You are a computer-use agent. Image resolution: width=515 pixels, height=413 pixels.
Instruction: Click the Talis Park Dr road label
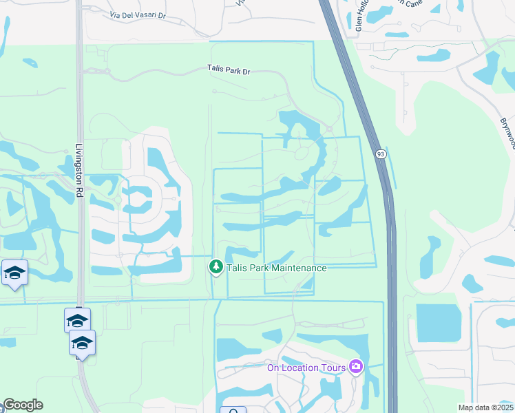click(x=230, y=69)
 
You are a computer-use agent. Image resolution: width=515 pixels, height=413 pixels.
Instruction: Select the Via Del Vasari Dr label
click(x=139, y=15)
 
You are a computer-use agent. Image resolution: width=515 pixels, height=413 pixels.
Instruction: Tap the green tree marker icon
click(x=216, y=266)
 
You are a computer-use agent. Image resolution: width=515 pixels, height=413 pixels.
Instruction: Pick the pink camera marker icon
click(x=356, y=366)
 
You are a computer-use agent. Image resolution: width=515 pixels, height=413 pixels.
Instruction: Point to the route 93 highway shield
click(x=381, y=155)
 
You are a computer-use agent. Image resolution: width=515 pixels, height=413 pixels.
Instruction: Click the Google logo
click(x=23, y=405)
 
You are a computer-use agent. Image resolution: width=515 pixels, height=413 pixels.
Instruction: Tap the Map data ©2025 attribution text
click(x=485, y=407)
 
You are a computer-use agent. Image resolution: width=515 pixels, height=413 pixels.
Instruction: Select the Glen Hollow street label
click(x=359, y=16)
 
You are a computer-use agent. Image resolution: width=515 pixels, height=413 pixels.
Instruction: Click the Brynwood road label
click(x=508, y=127)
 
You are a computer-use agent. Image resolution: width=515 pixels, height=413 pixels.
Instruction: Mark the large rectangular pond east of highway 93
click(x=439, y=324)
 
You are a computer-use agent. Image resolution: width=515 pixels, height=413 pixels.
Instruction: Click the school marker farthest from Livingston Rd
click(x=14, y=273)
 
